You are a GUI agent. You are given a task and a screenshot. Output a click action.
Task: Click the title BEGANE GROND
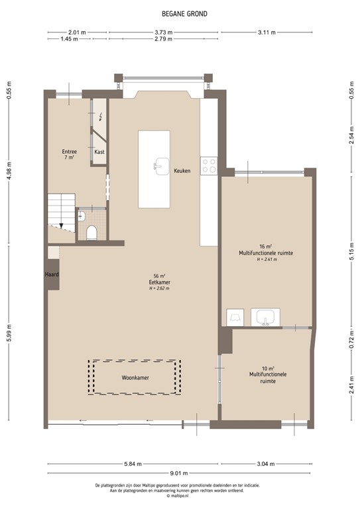click(x=180, y=12)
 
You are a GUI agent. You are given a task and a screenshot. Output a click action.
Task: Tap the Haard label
click(x=52, y=274)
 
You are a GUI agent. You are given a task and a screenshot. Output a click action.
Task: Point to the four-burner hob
click(x=210, y=164)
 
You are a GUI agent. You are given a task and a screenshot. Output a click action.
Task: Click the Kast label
click(x=99, y=152)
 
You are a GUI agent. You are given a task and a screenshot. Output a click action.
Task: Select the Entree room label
click(x=70, y=152)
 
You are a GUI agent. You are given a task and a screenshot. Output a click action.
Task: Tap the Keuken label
click(x=182, y=170)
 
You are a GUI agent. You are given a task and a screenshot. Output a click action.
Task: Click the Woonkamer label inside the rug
click(x=135, y=378)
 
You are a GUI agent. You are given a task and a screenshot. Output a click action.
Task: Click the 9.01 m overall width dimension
click(x=180, y=473)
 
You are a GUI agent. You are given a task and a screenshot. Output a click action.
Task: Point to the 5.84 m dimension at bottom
click(x=132, y=464)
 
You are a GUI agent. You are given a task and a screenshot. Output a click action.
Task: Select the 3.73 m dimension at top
click(x=164, y=32)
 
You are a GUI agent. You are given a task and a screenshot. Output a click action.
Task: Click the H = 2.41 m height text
click(x=266, y=259)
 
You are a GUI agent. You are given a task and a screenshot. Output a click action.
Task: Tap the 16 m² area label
click(x=266, y=247)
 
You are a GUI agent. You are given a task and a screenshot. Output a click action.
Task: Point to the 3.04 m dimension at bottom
click(x=267, y=464)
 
